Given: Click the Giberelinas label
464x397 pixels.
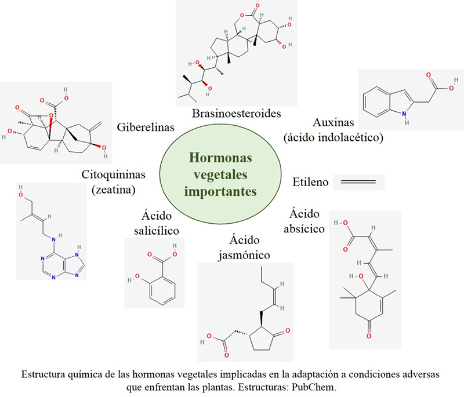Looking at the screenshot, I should [143, 127].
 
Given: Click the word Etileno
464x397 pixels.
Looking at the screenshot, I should [311, 183].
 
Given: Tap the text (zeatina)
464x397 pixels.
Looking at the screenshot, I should [114, 189].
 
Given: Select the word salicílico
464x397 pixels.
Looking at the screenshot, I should [155, 231].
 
